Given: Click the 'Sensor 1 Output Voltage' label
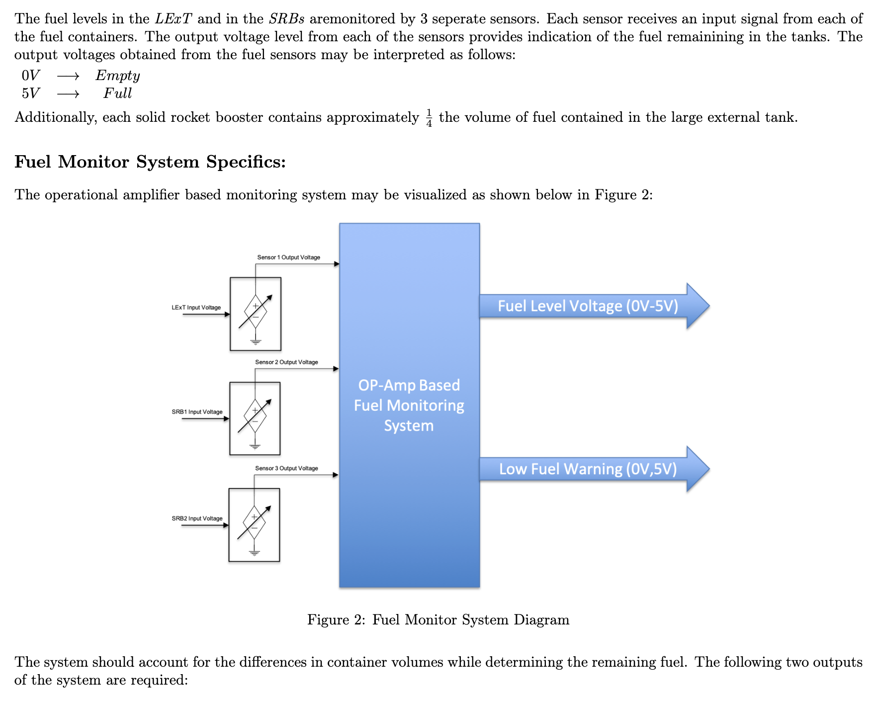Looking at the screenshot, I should [288, 258].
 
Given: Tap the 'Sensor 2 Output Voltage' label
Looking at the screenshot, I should [286, 362].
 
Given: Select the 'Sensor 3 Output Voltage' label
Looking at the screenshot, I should [286, 468].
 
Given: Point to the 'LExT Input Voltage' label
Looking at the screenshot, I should [196, 308].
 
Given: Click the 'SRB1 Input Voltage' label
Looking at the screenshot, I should [197, 412].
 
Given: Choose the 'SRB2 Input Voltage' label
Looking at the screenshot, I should [197, 519].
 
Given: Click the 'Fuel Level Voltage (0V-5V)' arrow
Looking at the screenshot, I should [588, 306].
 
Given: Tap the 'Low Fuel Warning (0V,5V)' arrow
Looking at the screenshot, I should [588, 469].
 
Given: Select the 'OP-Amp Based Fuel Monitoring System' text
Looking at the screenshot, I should [409, 405].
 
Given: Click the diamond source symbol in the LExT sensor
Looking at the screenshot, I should [256, 312].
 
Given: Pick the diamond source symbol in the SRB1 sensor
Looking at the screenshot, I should [255, 416].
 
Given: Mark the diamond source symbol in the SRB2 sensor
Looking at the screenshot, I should [254, 523].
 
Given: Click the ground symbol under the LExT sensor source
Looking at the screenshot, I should [256, 342].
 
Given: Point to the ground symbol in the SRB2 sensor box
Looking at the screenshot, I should [254, 553].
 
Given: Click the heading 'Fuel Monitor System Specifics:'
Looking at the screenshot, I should [150, 162].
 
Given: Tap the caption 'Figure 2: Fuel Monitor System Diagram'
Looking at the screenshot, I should [438, 620].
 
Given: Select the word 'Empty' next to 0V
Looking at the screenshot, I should [118, 76].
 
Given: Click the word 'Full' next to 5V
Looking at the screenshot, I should [118, 93].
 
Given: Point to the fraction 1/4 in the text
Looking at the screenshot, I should [429, 118].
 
